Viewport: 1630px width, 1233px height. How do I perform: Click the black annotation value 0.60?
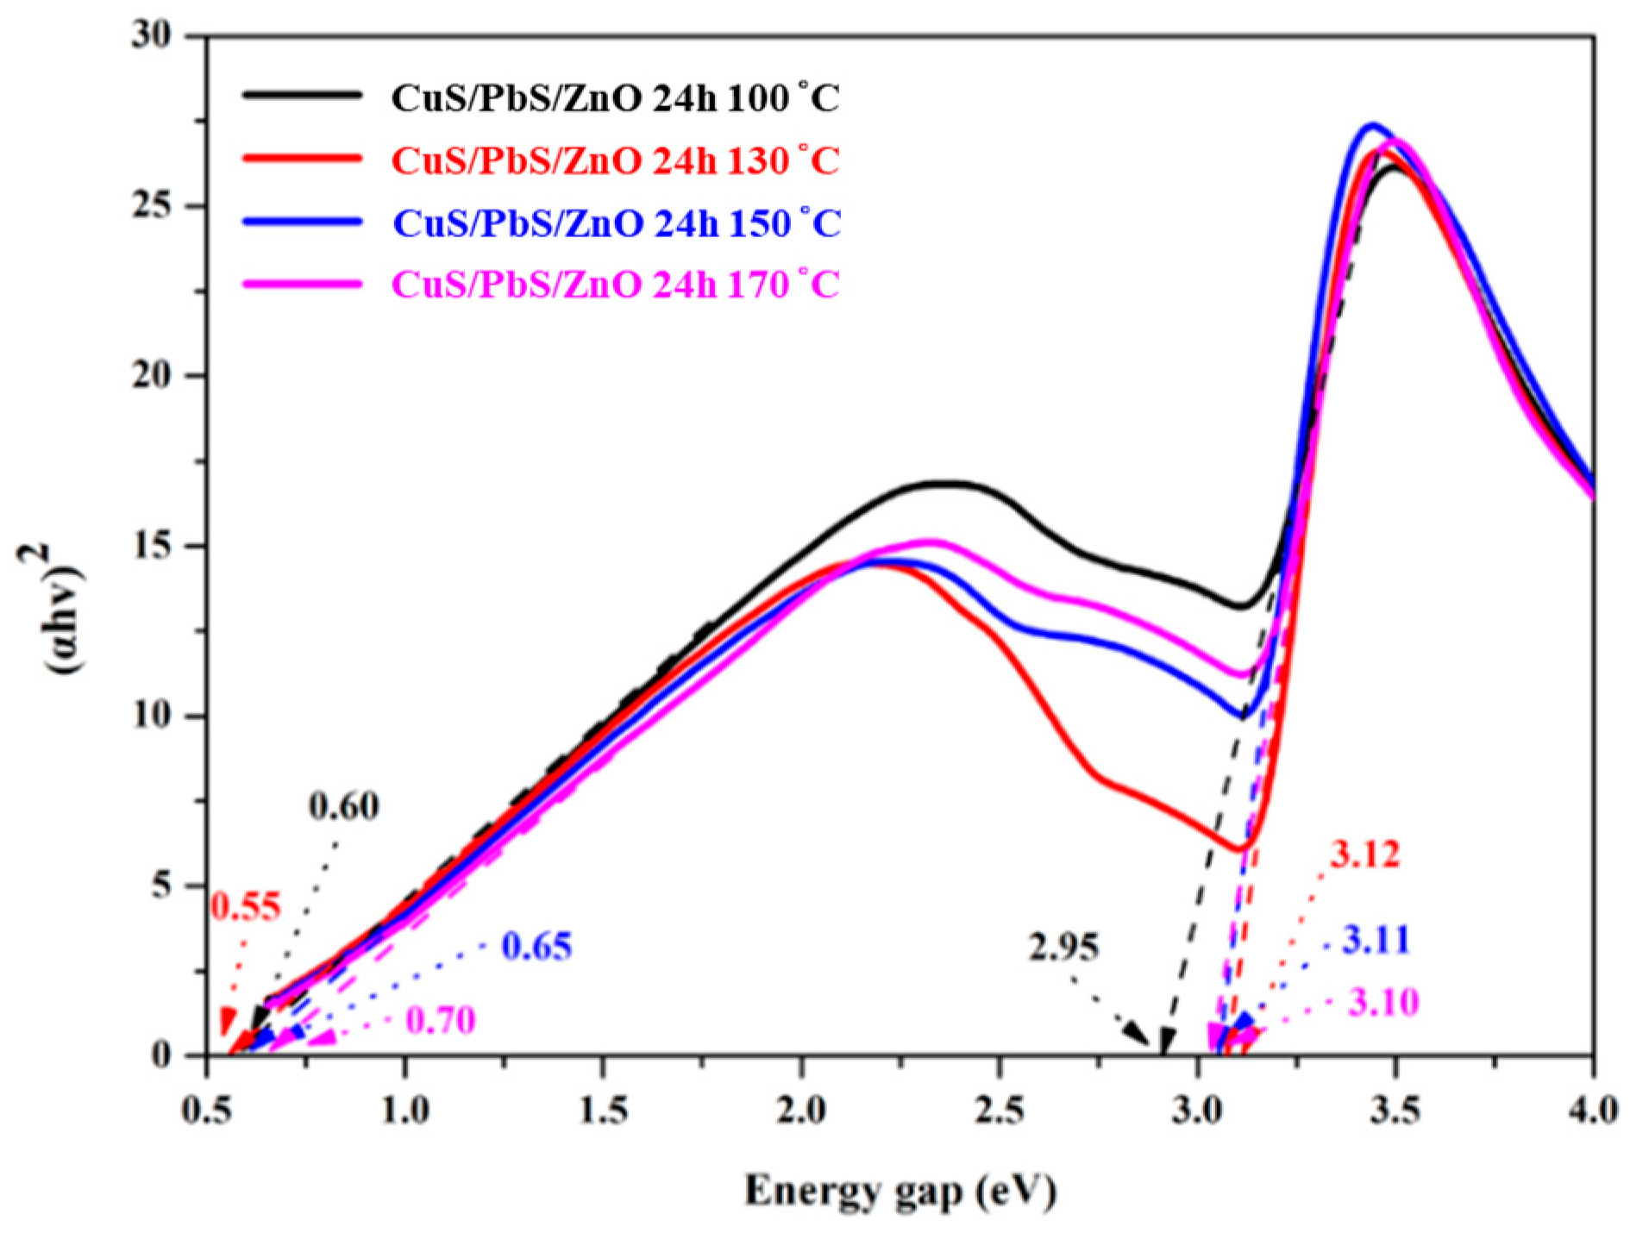click(x=343, y=806)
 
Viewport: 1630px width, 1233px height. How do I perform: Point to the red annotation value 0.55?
click(x=246, y=907)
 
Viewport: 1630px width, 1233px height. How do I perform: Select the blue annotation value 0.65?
click(x=536, y=947)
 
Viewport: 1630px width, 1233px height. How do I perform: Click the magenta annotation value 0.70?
click(x=440, y=1021)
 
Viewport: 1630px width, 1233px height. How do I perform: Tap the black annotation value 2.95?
click(x=1063, y=948)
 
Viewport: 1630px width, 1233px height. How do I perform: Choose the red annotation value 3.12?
click(x=1364, y=854)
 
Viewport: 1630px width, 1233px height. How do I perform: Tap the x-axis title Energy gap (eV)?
click(x=900, y=1192)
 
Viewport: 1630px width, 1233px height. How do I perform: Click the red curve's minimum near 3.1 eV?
click(x=1239, y=849)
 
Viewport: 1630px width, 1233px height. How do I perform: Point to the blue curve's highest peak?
click(x=1372, y=125)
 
